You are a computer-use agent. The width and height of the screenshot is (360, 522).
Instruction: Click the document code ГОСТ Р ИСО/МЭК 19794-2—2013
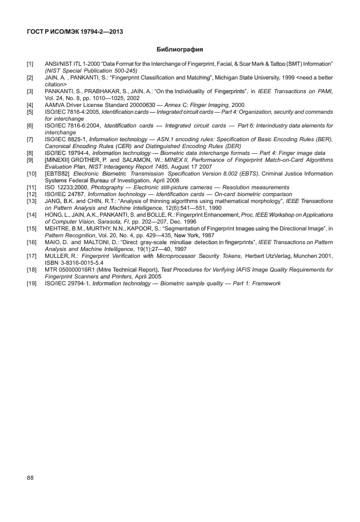pos(75,31)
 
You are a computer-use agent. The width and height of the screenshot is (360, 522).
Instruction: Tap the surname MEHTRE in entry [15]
pos(58,229)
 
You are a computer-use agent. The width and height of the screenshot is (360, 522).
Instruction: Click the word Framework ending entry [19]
pos(264,284)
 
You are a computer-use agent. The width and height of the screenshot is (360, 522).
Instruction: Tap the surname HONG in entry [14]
pos(54,215)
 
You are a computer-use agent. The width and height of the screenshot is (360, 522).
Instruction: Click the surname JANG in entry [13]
pos(53,201)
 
